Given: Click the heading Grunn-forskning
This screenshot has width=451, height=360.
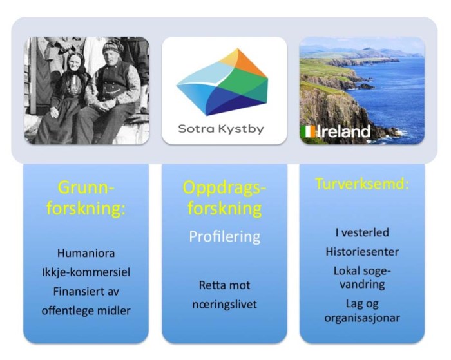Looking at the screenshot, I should tap(86, 198).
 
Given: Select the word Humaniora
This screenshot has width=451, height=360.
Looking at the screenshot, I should tap(86, 254).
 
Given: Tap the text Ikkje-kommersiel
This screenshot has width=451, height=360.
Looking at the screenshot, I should tap(86, 272).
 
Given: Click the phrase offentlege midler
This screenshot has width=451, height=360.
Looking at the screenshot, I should tap(86, 310).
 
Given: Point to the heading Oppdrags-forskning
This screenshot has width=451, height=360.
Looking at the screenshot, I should tap(224, 198).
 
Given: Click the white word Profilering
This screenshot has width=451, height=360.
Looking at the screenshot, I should tap(224, 236).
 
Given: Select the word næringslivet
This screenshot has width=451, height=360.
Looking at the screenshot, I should tap(224, 304).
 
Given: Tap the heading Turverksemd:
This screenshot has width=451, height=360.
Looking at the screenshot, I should tap(361, 184).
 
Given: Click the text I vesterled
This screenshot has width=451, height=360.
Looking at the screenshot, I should tap(361, 232).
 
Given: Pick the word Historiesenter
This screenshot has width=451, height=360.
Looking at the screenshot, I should tap(361, 252).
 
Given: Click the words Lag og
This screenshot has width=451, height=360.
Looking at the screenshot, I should tap(361, 302).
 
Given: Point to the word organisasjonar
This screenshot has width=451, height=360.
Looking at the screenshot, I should tap(361, 317).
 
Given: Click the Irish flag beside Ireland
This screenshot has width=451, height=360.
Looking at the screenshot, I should tap(309, 132).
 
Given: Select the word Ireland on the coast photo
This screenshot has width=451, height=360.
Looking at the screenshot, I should tap(344, 132).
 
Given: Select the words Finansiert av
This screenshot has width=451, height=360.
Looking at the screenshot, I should tap(86, 291).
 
